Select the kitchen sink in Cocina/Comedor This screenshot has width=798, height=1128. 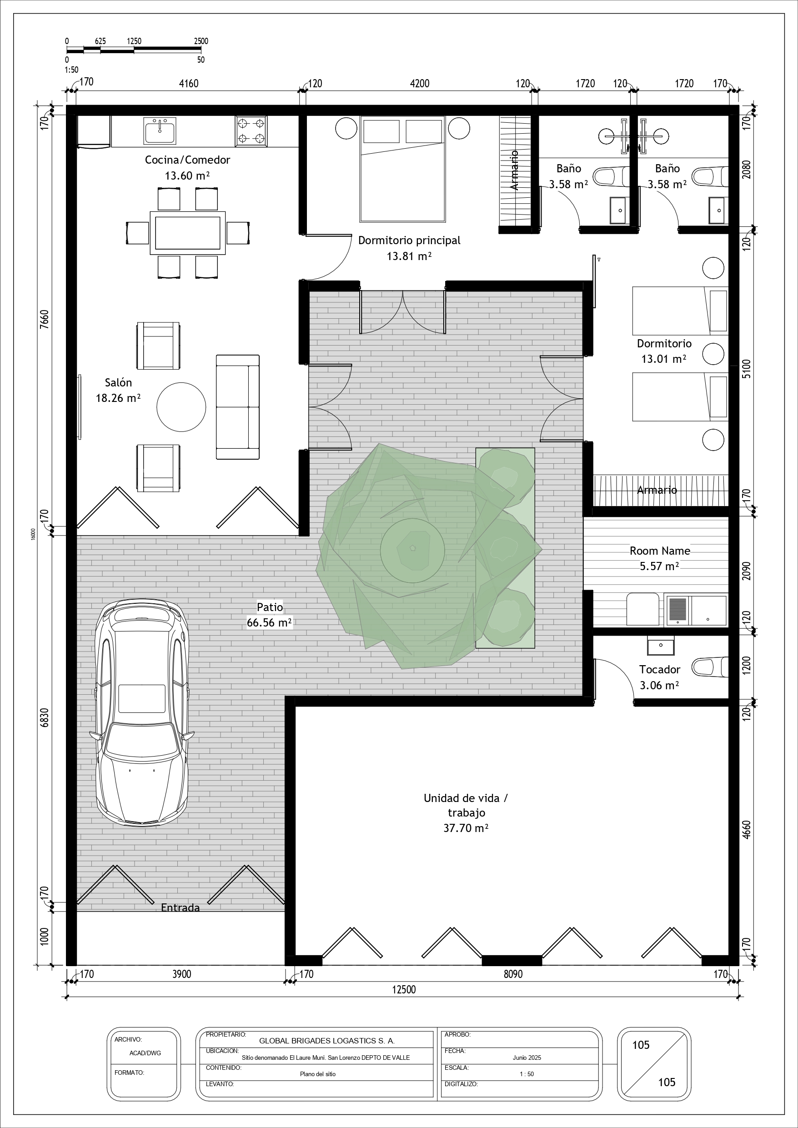160,130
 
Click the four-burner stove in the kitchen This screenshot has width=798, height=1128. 251,131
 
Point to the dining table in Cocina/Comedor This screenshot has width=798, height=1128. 188,233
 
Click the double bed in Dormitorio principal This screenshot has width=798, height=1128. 402,169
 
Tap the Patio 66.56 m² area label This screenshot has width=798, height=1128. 269,615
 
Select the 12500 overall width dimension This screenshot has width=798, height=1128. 404,989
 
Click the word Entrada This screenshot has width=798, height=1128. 181,907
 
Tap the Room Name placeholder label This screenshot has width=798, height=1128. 660,551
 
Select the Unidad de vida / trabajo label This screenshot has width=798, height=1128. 466,812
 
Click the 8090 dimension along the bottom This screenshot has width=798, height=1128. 513,974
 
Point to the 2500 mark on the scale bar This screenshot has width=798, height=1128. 201,41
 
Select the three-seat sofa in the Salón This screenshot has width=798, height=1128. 238,407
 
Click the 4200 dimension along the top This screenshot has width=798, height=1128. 420,84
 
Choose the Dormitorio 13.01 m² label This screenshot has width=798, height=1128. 664,351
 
